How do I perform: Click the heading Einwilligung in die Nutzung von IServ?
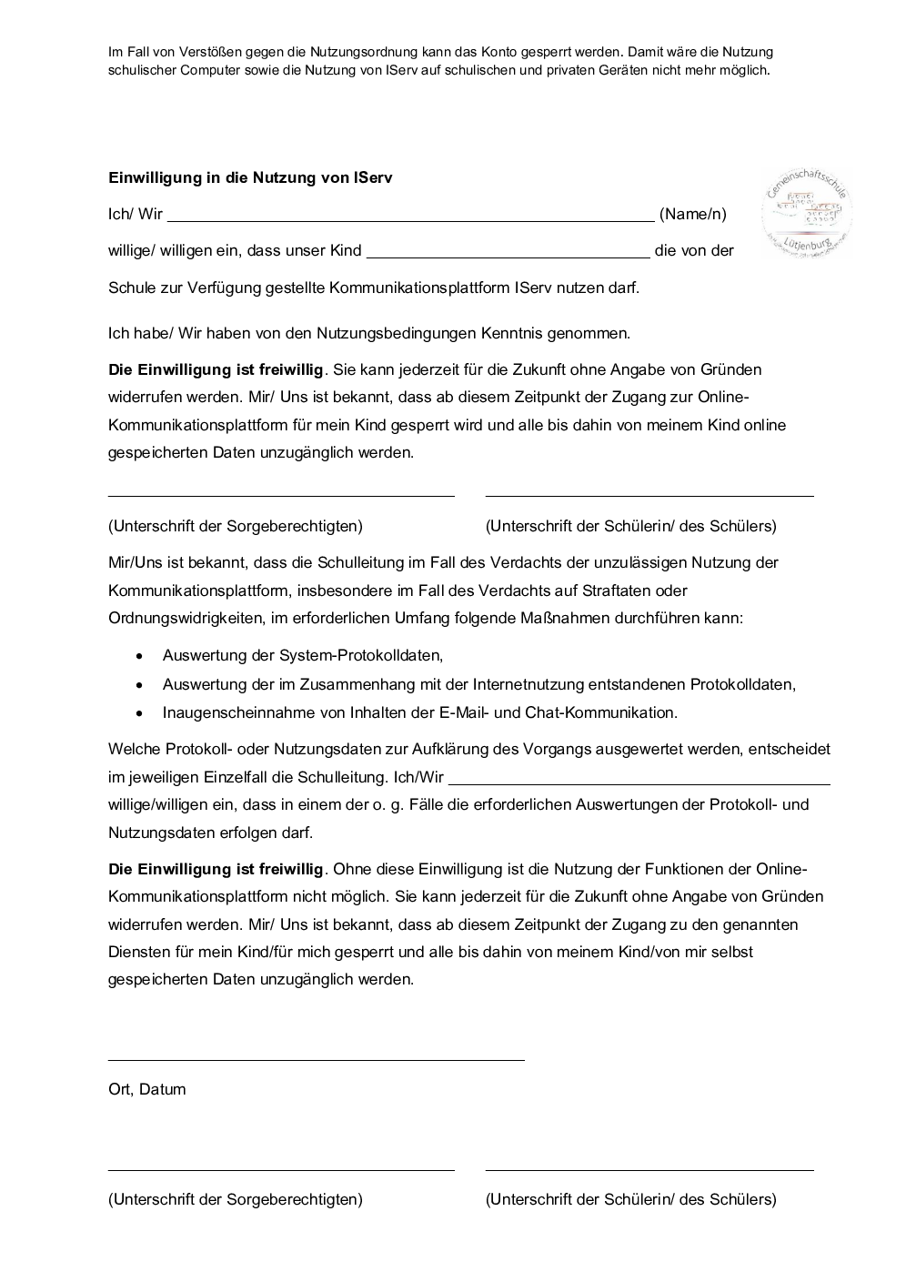[x=250, y=177]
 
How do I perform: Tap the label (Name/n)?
[x=693, y=214]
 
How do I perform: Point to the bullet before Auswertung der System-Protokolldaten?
[x=139, y=655]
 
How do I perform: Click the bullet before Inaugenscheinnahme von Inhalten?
[x=139, y=713]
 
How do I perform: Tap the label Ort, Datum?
[x=146, y=1089]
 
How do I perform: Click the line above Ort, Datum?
[x=316, y=1060]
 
